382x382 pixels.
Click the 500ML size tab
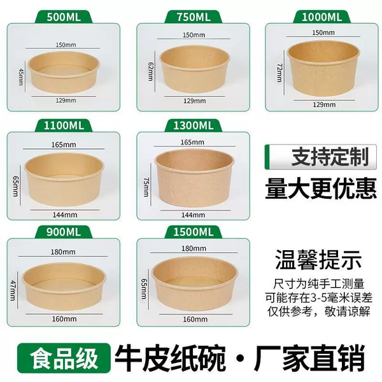(64, 17)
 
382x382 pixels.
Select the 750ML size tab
(194, 17)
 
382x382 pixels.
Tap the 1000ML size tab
(322, 17)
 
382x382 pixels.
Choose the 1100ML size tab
(64, 125)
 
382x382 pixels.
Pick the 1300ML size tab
(194, 125)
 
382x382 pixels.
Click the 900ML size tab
(64, 232)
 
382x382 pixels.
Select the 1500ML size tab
(194, 232)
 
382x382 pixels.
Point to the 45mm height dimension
(21, 77)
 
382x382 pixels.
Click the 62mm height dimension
(151, 71)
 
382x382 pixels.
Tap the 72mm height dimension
(279, 73)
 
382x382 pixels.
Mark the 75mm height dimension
(146, 187)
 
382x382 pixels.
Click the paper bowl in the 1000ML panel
(323, 68)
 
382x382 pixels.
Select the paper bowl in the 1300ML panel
(194, 178)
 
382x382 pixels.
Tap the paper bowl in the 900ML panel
(64, 286)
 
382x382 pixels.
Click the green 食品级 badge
(64, 358)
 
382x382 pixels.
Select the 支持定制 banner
(321, 157)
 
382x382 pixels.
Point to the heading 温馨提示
(318, 260)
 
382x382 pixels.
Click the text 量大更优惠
(321, 188)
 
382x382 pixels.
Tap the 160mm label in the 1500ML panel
(195, 319)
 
